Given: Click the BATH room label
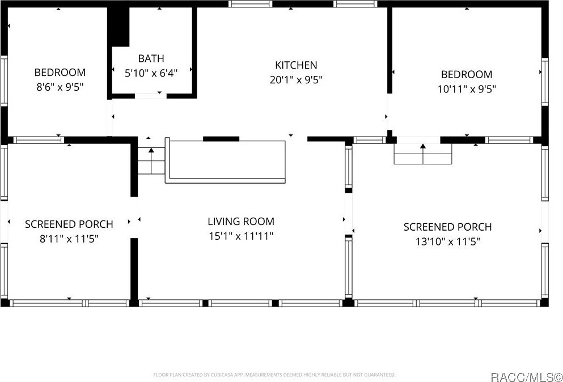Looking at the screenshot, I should tap(151, 58).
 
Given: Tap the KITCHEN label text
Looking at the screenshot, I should tap(296, 65).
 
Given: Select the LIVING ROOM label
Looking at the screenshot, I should tap(240, 222).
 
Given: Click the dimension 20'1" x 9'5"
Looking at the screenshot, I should tap(296, 80).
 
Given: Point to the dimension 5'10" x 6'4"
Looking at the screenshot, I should tap(151, 73).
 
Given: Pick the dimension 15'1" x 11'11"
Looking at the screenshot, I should tap(240, 236).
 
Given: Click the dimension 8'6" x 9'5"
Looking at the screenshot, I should tap(60, 87).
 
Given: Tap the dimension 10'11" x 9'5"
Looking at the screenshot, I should tap(467, 89).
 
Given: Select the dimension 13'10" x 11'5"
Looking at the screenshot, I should tap(447, 241).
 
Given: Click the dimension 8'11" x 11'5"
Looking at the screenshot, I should tap(69, 239).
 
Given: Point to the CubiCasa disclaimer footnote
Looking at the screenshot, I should tap(274, 375).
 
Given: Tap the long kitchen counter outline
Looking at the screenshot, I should tap(226, 160).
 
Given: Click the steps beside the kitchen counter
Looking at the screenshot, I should tap(151, 161).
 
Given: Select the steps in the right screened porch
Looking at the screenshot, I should tap(422, 154).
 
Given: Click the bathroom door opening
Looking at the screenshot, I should tap(150, 96).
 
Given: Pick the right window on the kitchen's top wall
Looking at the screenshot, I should tap(355, 4).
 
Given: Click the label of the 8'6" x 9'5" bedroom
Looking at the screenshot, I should tap(60, 73).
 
